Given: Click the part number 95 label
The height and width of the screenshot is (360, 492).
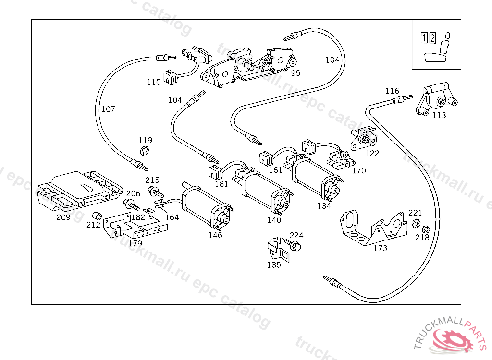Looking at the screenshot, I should pyautogui.click(x=295, y=73).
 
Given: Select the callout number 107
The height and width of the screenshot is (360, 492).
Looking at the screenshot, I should pyautogui.click(x=108, y=109).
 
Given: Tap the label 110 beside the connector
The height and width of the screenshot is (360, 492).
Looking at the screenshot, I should pyautogui.click(x=154, y=82).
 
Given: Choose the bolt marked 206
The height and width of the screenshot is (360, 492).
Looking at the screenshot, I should pyautogui.click(x=130, y=205).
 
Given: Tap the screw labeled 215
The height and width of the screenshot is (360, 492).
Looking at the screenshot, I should pyautogui.click(x=155, y=192).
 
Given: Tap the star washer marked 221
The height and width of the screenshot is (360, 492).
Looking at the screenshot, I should pyautogui.click(x=416, y=223).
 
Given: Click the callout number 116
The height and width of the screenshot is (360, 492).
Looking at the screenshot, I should pyautogui.click(x=392, y=91).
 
